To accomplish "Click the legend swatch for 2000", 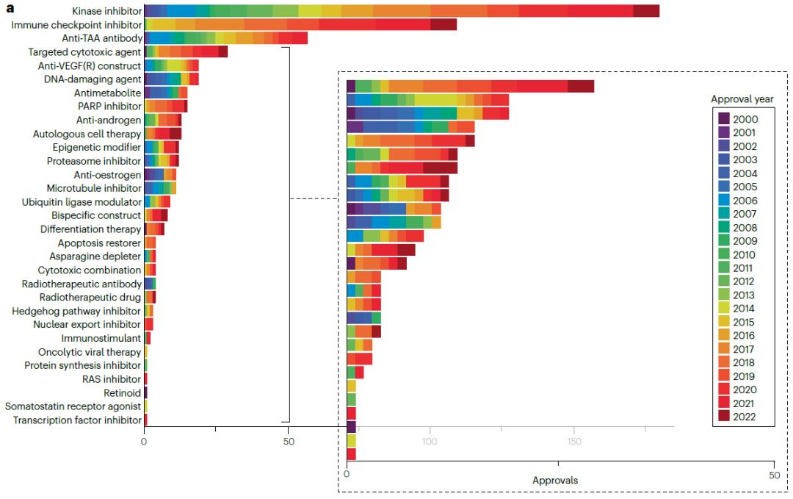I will (724, 118).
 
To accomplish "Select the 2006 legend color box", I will (724, 200).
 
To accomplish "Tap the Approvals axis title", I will (554, 481).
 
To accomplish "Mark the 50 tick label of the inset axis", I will (772, 475).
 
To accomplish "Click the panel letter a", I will (10, 9).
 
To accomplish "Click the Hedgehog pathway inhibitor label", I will (76, 311).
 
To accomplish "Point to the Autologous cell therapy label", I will (87, 134).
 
